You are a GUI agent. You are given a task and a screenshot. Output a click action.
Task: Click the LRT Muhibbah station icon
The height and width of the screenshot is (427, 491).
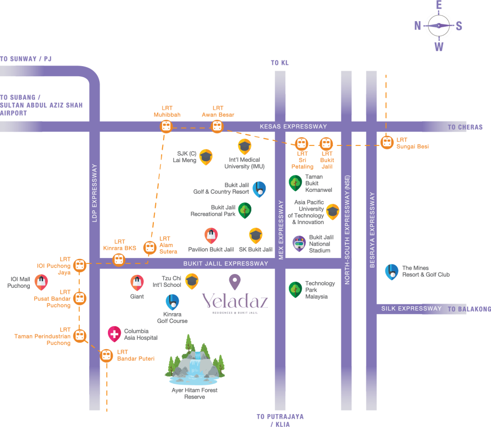point(166,127)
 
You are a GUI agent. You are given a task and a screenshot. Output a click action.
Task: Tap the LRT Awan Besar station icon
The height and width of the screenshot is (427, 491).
point(217,127)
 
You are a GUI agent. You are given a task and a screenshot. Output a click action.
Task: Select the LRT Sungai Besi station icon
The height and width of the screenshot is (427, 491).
point(386,142)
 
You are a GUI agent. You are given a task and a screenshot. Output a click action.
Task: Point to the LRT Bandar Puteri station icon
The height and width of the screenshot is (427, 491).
point(106,356)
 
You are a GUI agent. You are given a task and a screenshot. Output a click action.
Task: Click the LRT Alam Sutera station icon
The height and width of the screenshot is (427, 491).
point(150,248)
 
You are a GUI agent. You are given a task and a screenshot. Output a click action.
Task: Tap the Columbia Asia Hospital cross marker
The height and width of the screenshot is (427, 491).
point(114,333)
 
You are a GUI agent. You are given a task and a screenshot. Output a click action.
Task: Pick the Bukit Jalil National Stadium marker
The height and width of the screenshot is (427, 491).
point(299,244)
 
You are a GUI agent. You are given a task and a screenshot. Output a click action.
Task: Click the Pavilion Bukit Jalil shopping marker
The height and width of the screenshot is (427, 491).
point(211,235)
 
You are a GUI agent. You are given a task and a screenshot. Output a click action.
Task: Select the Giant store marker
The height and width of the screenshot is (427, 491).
point(137,282)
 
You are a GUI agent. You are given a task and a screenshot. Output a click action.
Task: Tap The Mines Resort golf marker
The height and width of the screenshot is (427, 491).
point(391,272)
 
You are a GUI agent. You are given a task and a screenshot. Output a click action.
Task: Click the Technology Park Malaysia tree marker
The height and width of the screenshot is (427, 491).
point(295,289)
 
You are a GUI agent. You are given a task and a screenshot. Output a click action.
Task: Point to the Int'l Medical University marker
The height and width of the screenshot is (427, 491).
point(245,146)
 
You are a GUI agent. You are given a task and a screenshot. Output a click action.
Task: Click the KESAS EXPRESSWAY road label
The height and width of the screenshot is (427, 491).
point(293,127)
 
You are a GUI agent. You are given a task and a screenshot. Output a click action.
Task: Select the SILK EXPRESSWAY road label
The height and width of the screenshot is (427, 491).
point(411,308)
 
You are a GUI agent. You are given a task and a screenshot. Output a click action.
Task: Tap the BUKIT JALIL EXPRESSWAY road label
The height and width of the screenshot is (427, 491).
point(226,263)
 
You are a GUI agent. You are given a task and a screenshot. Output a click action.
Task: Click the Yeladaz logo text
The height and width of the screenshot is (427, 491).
point(235,301)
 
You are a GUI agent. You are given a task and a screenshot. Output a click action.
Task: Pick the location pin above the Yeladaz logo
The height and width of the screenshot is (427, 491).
point(234,282)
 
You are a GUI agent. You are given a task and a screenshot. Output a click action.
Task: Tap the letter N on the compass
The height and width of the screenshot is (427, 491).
point(418,26)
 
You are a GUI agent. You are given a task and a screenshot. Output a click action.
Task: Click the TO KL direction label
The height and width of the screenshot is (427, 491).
point(280,63)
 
